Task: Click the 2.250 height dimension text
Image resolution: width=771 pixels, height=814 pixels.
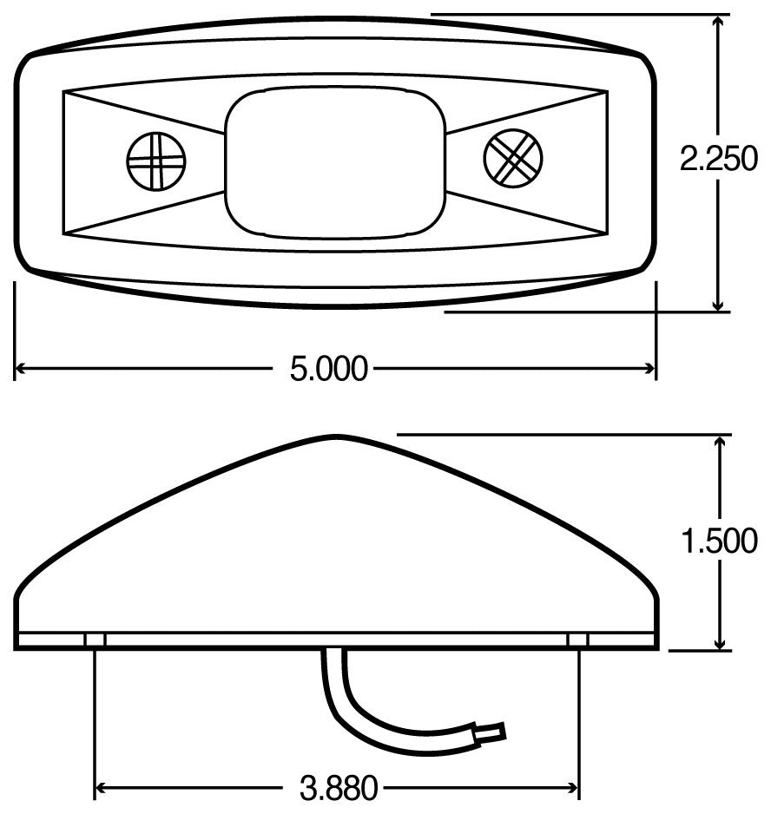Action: pos(719,161)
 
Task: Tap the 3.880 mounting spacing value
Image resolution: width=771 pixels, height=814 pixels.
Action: pos(339,789)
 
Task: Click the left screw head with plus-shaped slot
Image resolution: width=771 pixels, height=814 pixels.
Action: pos(156,160)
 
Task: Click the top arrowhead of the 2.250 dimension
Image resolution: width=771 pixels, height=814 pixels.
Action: pos(718,21)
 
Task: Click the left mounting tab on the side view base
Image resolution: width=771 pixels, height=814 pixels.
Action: pos(96,640)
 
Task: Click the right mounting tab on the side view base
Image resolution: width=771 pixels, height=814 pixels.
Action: pos(577,640)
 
